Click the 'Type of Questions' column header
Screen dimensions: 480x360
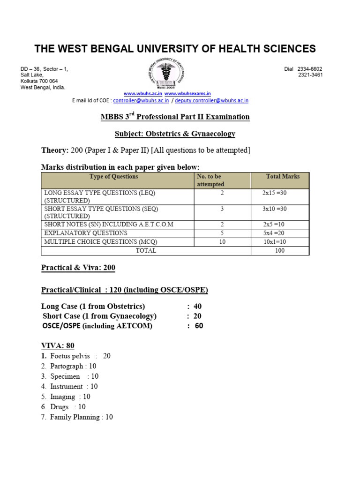pos(114,177)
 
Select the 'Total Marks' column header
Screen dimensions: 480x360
pos(283,177)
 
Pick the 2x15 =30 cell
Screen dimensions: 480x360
pos(278,193)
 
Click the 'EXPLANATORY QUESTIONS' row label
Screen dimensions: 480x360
pos(86,232)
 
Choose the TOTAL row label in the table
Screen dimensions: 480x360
pos(146,251)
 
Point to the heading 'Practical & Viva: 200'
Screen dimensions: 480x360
pos(78,268)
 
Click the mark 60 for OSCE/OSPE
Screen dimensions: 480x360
pos(199,326)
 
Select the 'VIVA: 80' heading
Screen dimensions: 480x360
pos(58,346)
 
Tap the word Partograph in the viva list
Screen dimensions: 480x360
pos(67,366)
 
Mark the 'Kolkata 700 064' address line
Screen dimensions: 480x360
pos(39,81)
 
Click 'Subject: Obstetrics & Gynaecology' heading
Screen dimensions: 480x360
pos(175,134)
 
